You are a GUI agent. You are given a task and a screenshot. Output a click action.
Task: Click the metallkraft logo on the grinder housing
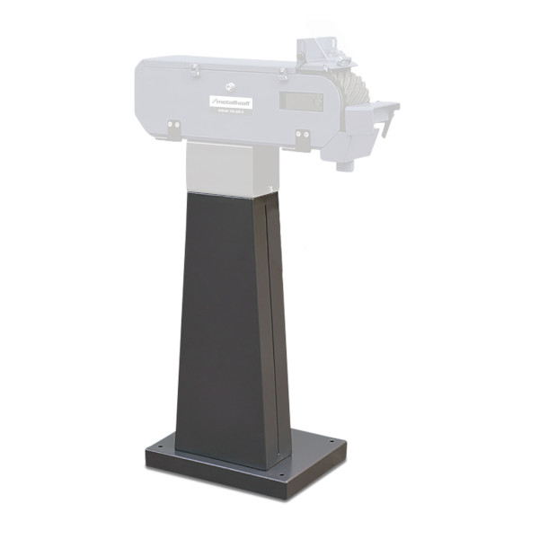coord(232,102)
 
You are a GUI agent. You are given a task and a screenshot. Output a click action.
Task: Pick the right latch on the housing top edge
coord(285,70)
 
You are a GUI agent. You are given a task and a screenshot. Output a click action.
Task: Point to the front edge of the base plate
coord(216,482)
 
